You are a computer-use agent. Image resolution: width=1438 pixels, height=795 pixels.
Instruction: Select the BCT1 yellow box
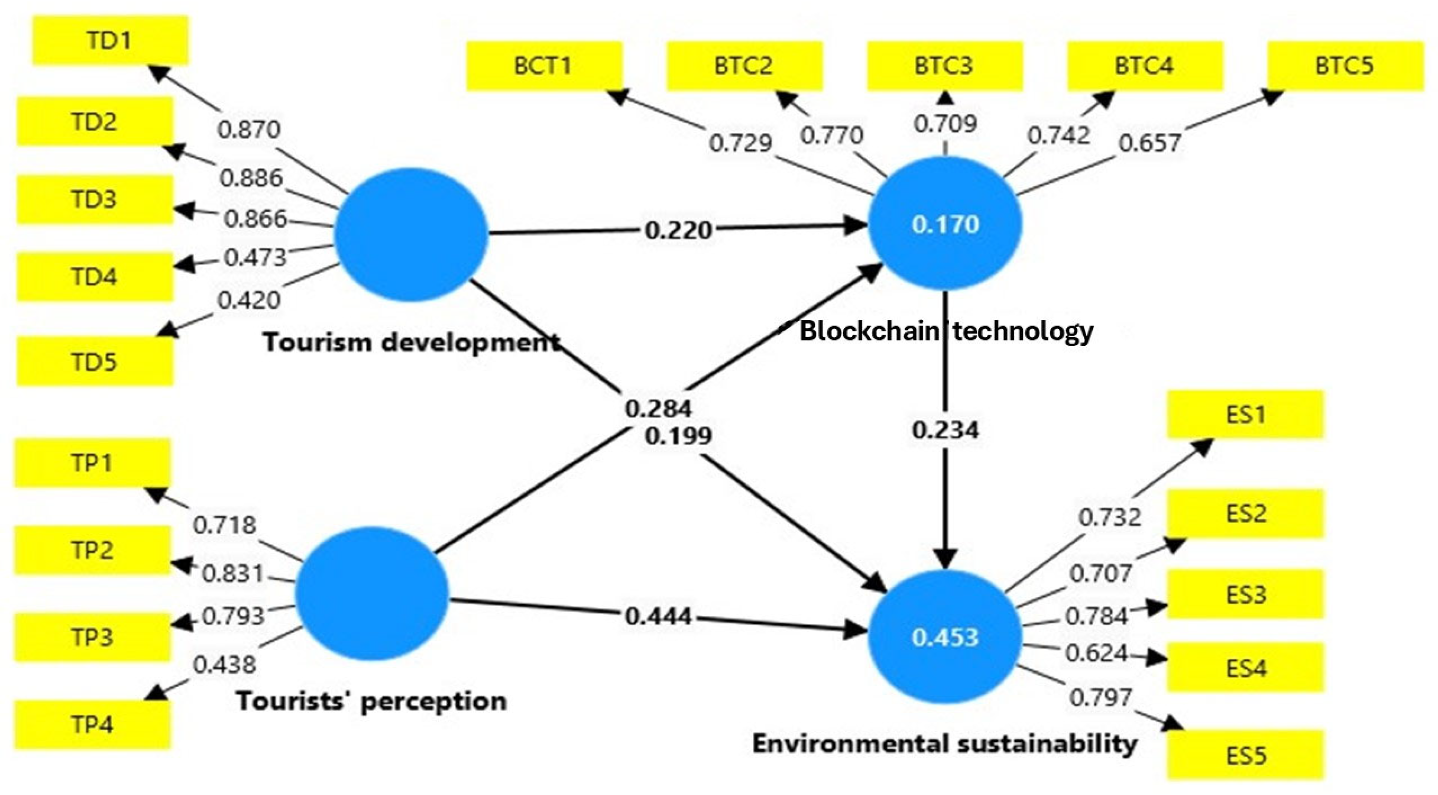(x=544, y=66)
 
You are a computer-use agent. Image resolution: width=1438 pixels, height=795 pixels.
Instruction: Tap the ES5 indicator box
(x=1245, y=755)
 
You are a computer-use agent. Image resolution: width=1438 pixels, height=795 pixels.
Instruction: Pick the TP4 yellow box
(x=93, y=725)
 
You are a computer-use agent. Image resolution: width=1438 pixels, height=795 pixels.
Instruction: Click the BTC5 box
(x=1345, y=66)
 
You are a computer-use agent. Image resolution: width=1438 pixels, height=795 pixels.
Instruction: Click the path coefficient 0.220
(x=678, y=230)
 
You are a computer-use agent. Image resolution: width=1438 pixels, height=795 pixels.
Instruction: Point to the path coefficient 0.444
(x=659, y=616)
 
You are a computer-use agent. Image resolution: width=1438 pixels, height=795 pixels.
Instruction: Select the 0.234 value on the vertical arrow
(x=945, y=430)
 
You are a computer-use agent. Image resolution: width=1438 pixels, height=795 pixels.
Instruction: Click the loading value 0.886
(x=251, y=178)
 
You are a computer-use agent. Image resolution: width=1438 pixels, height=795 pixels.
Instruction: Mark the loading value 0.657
(x=1149, y=143)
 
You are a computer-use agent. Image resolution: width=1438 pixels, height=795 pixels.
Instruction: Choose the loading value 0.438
(x=224, y=665)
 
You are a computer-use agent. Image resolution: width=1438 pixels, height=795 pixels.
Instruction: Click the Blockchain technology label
(x=946, y=331)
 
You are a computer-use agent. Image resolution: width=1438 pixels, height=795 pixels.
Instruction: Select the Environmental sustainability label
(x=944, y=744)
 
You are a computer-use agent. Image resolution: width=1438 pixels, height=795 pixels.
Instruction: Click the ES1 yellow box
(x=1245, y=414)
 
